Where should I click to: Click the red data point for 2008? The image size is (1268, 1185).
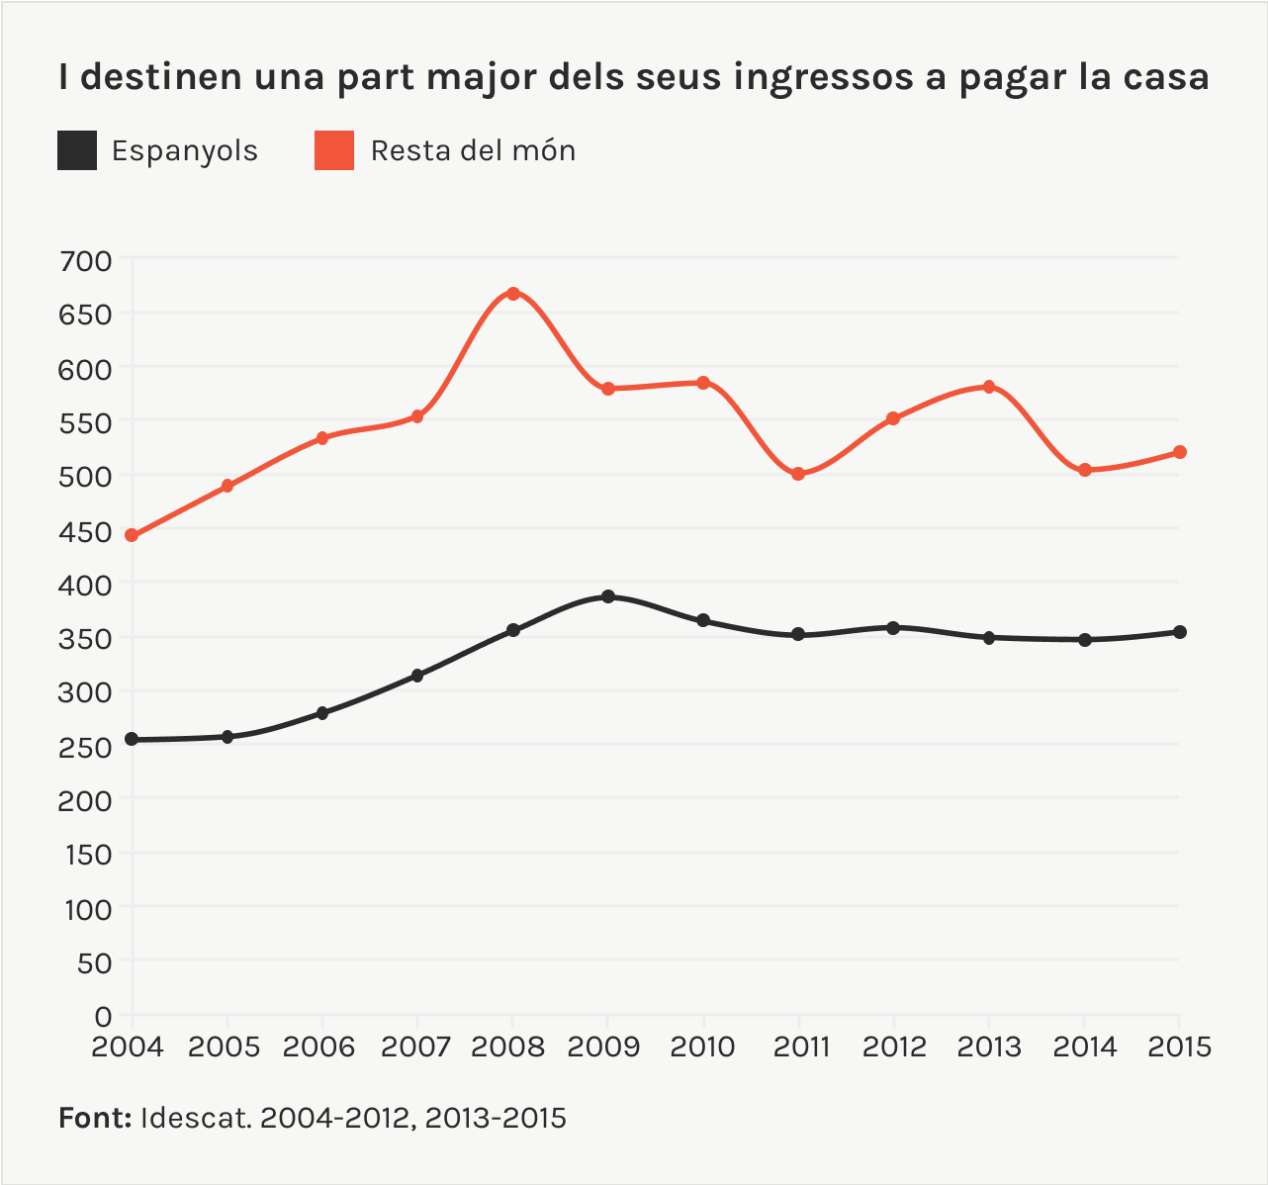point(512,294)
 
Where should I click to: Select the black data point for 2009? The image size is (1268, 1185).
point(608,596)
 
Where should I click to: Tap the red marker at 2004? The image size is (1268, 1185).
point(132,535)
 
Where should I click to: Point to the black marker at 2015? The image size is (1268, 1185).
point(1180,632)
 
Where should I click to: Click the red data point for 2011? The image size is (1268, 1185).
point(798,474)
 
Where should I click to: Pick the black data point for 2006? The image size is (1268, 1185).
point(322,713)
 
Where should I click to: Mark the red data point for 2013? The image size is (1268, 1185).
point(989,387)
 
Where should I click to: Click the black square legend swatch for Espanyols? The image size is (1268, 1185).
point(77,150)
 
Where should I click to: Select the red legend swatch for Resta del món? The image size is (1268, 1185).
point(334,150)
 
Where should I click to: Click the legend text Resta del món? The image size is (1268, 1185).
point(473,150)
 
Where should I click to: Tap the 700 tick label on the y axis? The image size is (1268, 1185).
point(86,261)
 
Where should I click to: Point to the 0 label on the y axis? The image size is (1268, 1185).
point(103,1016)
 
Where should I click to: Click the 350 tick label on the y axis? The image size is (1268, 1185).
point(86,639)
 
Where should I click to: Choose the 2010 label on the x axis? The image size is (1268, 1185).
point(702,1047)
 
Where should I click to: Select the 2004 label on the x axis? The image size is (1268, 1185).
point(129,1047)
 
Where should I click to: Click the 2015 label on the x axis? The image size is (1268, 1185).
point(1179,1047)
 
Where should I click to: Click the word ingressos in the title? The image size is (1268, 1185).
point(824,77)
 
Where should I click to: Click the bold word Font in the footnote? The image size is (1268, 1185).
point(95,1118)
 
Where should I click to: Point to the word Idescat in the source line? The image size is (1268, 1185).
point(196,1118)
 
